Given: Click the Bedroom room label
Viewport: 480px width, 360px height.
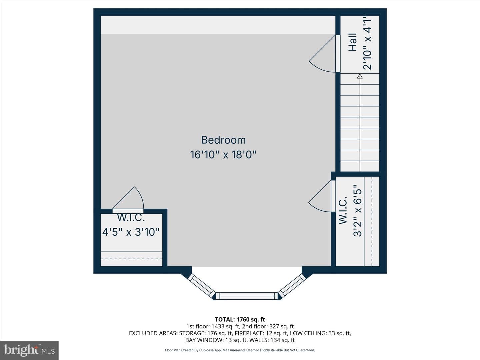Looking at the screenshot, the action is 223,140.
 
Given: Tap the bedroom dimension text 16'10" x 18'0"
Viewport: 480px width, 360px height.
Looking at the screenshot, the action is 223,155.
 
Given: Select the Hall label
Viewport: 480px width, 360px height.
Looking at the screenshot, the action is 353,42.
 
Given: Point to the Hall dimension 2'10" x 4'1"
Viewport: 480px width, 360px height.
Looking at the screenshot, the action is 367,43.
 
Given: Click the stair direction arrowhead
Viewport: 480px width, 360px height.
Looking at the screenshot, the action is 360,76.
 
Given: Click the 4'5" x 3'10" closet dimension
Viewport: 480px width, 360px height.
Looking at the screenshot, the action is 131,232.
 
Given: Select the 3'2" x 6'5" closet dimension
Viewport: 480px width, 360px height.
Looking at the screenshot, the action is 358,210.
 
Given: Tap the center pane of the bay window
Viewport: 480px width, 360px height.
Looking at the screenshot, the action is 247,296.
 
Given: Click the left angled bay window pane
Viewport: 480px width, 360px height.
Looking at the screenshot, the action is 202,286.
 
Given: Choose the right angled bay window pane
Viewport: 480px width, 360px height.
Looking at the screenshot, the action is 292,286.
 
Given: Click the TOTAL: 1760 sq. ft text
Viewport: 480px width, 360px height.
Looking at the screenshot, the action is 240,320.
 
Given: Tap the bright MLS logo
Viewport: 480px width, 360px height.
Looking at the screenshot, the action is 29,350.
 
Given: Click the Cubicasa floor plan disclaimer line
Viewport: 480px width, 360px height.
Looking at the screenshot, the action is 240,350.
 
